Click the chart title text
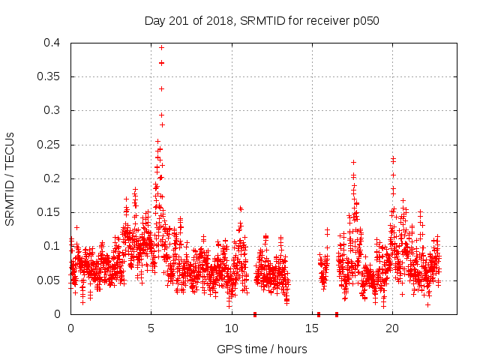coord(262,21)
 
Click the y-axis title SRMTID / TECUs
coord(10,178)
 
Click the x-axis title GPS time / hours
coord(262,349)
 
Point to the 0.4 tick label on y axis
coord(51,43)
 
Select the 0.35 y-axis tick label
coord(48,76)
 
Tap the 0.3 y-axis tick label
coord(51,110)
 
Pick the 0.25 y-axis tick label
coord(48,145)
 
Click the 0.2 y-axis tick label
coord(51,178)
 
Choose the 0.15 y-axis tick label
coord(48,212)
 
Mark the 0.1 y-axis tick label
coord(51,246)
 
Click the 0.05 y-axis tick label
coord(48,280)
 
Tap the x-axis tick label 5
coord(151,328)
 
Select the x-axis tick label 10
coord(231,328)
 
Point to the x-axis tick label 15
coord(312,328)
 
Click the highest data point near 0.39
coord(161,47)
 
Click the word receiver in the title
coord(325,21)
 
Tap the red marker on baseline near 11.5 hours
coord(255,314)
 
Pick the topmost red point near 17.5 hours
coord(353,162)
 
